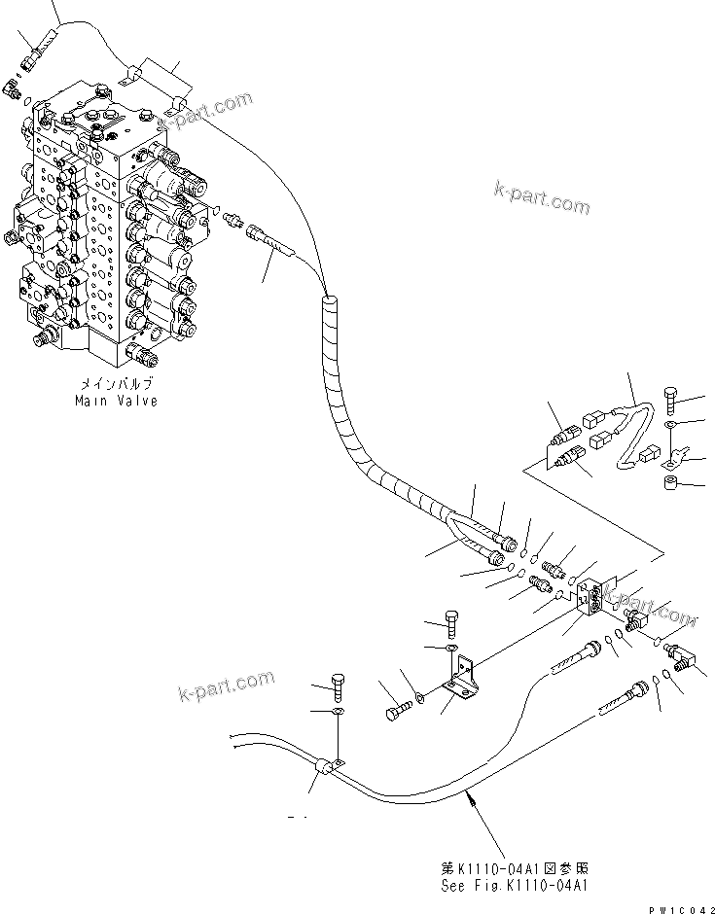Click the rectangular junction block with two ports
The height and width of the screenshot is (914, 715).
(x=590, y=599)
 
